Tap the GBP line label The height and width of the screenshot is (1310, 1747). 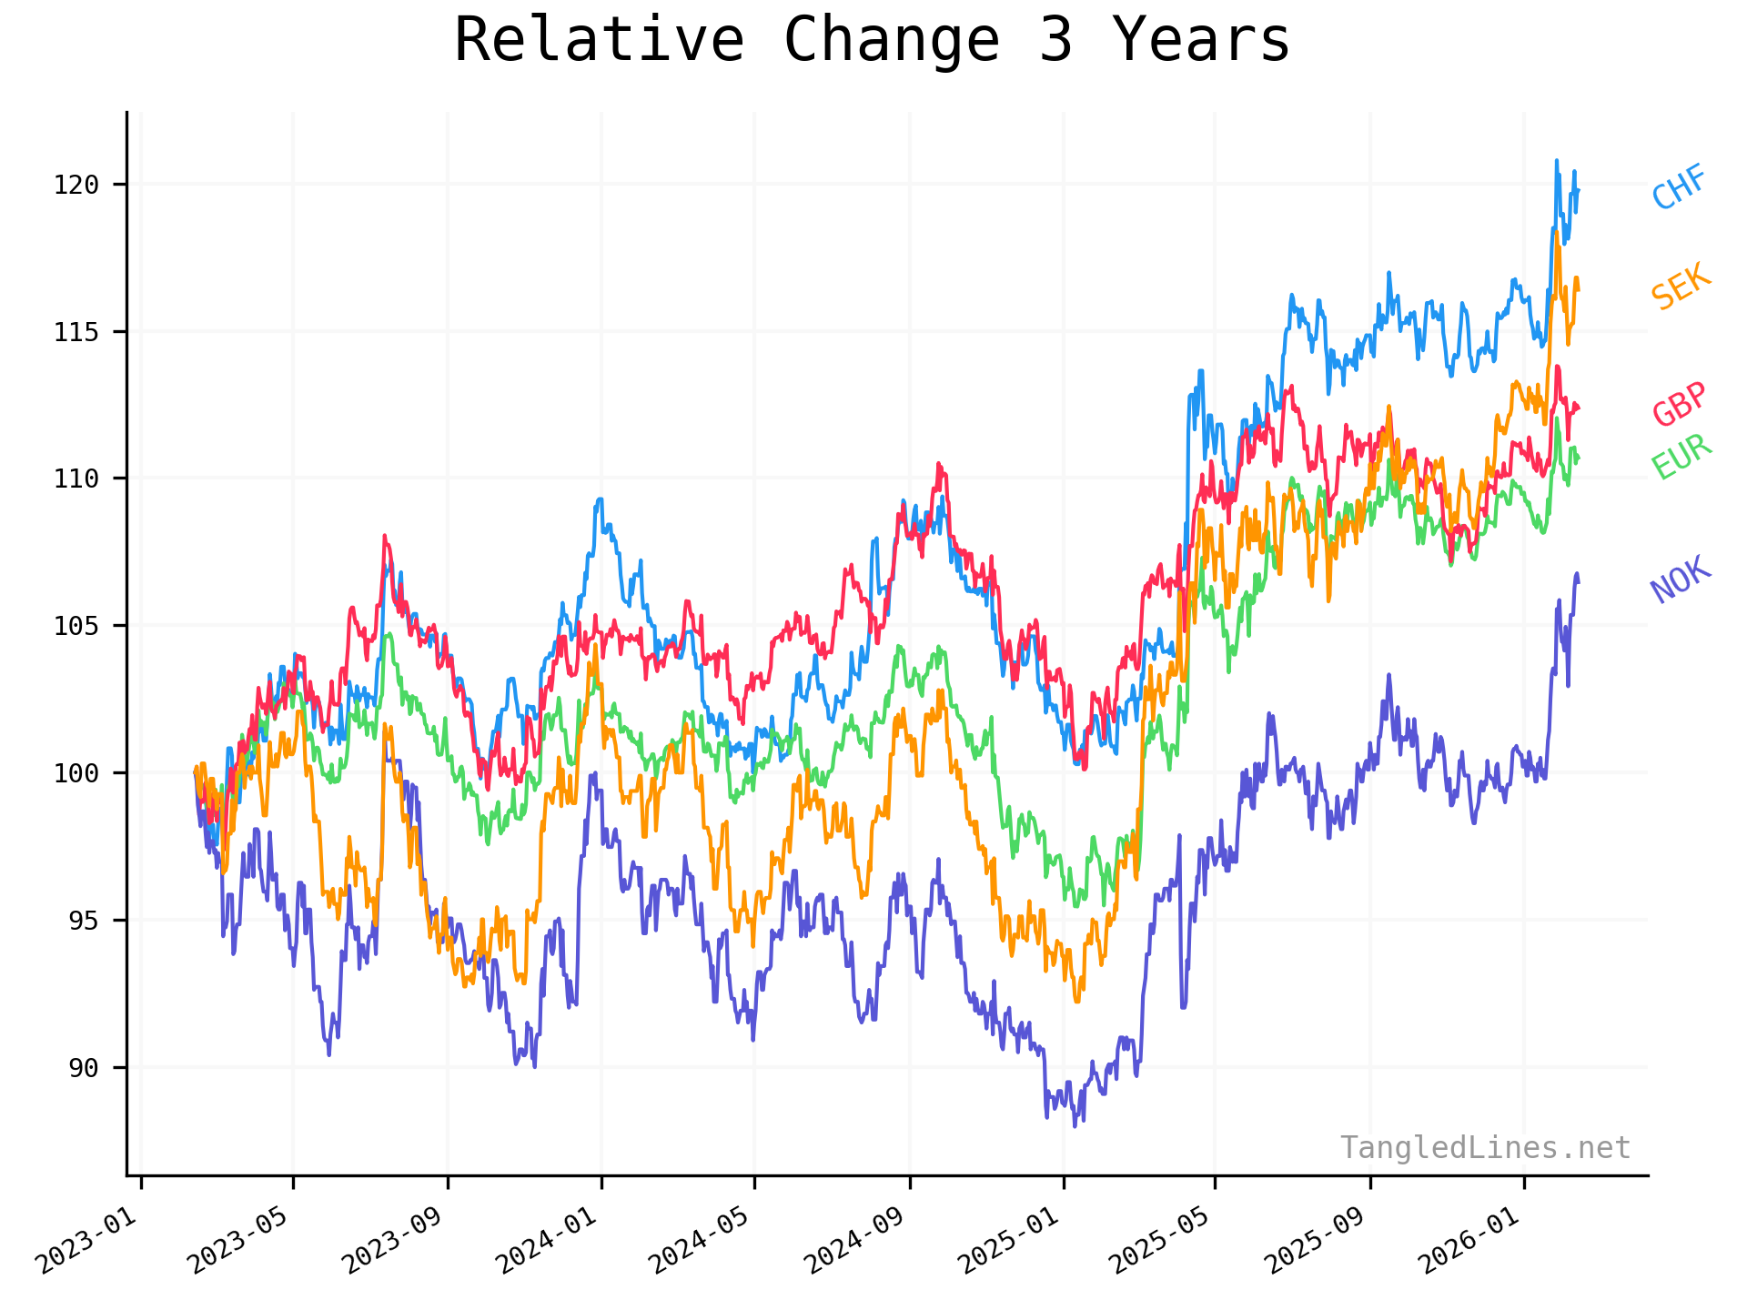click(x=1679, y=404)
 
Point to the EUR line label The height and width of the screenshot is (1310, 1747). click(x=1681, y=457)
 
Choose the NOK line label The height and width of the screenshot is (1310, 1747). click(x=1681, y=579)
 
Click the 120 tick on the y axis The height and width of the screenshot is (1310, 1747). click(x=76, y=185)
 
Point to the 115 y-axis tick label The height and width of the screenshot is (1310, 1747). click(x=76, y=332)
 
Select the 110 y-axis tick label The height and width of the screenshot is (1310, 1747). click(x=76, y=479)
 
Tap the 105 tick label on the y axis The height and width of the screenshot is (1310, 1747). click(x=76, y=626)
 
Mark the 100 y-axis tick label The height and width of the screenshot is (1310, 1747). click(x=76, y=773)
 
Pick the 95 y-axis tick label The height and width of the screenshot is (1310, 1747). click(x=84, y=921)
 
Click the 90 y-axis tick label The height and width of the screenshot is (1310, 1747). click(x=84, y=1068)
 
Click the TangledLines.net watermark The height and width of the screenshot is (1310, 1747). click(x=1485, y=1148)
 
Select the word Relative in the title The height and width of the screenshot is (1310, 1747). click(x=599, y=40)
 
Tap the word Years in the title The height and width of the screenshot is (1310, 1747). click(x=1201, y=40)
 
